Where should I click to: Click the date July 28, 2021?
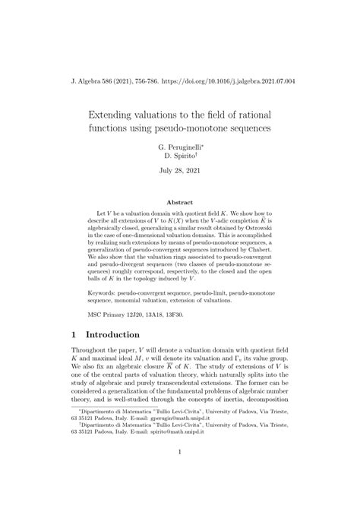(180, 173)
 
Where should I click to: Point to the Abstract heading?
(180, 203)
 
